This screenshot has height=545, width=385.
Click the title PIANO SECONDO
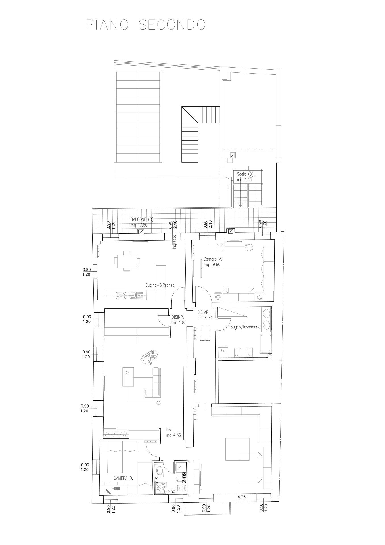point(146,25)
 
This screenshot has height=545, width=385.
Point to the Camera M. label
point(213,259)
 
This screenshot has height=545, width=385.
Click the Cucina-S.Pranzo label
point(160,285)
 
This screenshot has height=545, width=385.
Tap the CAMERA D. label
point(124,478)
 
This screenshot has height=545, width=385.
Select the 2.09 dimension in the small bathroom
point(184,477)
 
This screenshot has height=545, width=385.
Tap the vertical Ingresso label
point(175,242)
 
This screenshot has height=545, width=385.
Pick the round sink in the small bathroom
point(159,470)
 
